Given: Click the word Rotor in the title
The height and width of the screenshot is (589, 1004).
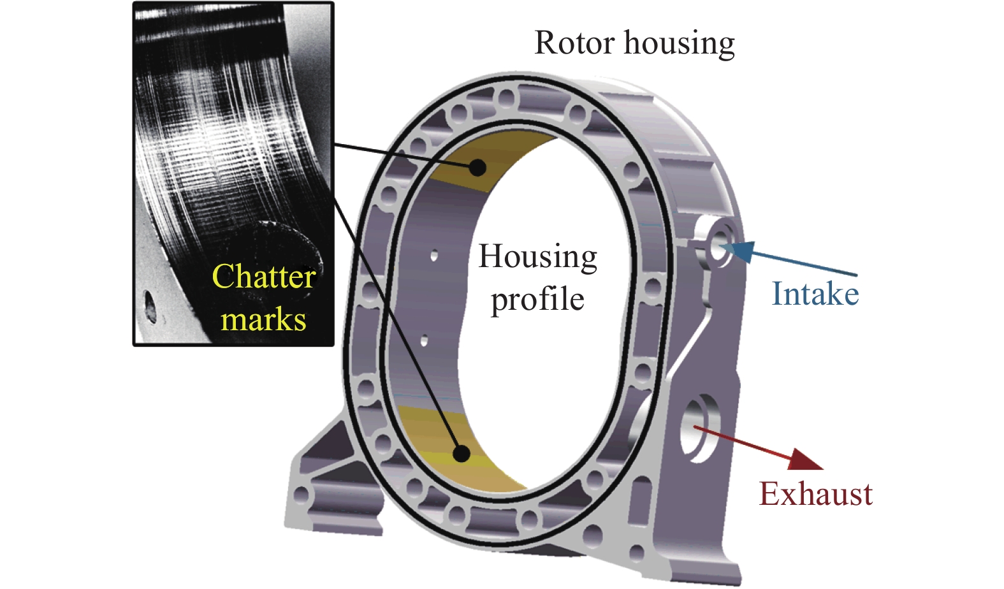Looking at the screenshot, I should pyautogui.click(x=576, y=43).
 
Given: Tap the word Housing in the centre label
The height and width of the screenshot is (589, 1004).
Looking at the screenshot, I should pyautogui.click(x=538, y=258).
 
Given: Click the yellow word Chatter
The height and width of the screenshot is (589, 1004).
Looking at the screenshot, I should pyautogui.click(x=264, y=277).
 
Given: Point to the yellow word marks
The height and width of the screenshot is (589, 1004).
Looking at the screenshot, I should pyautogui.click(x=263, y=319).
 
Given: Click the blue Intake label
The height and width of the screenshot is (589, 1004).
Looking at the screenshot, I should pyautogui.click(x=815, y=294).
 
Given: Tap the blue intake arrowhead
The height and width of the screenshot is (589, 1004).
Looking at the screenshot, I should pyautogui.click(x=743, y=251).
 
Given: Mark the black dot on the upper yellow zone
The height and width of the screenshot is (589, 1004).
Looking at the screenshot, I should pyautogui.click(x=477, y=168).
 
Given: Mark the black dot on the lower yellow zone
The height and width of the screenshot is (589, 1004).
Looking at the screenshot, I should pyautogui.click(x=461, y=454).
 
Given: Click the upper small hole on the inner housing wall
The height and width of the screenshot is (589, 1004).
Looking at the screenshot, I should pyautogui.click(x=434, y=256).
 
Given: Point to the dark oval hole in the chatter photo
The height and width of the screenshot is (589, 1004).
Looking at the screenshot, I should pyautogui.click(x=151, y=305).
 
